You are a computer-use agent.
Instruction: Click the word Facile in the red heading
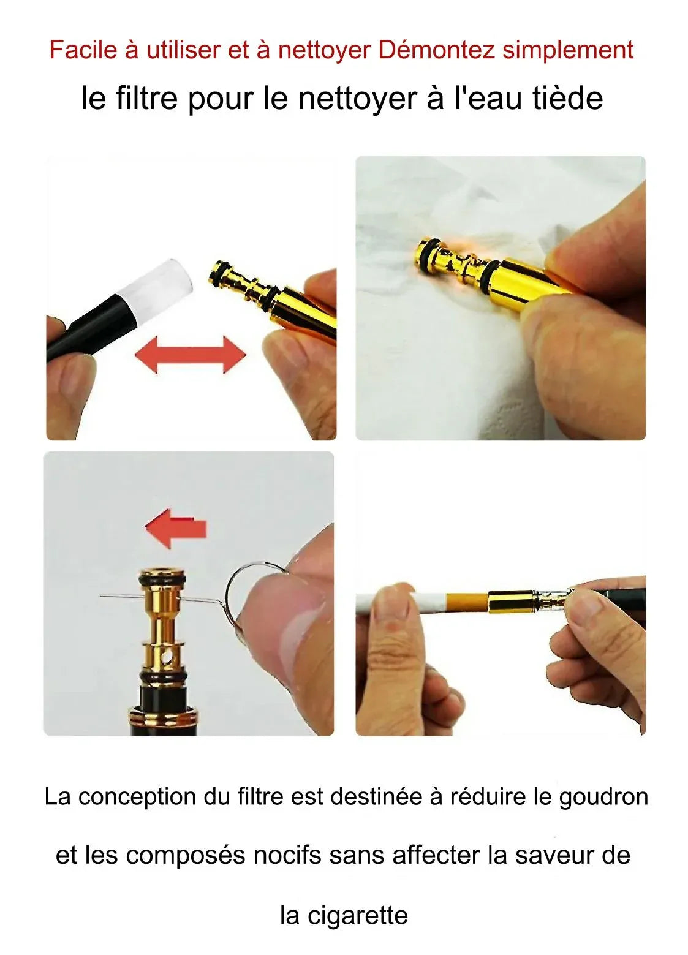83,50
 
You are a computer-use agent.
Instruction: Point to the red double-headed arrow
191,355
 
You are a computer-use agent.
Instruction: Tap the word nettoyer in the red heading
324,50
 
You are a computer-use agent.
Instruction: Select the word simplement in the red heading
568,50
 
